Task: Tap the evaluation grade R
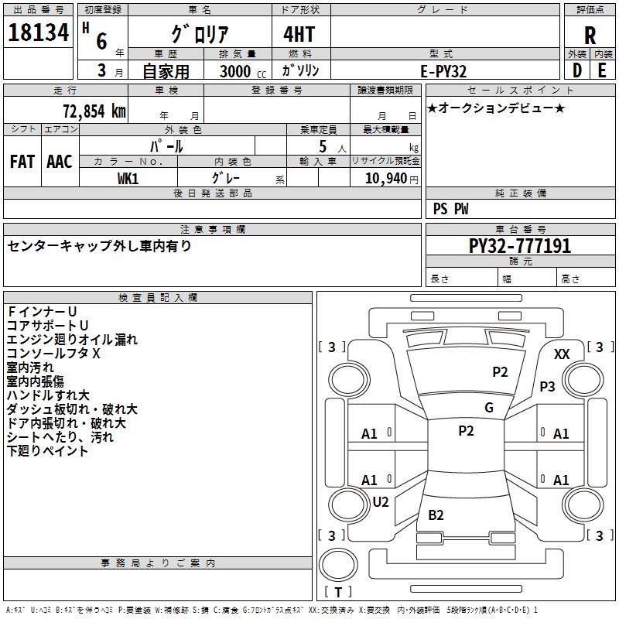[x=590, y=36]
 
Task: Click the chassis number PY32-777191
[x=520, y=246]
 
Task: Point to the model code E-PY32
[x=443, y=71]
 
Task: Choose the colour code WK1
[x=128, y=179]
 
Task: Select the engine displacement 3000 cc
[x=240, y=71]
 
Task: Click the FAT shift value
[x=22, y=161]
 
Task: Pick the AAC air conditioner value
[x=60, y=161]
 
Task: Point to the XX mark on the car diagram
[x=563, y=354]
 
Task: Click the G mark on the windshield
[x=489, y=408]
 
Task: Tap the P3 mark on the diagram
[x=548, y=386]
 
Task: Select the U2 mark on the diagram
[x=381, y=502]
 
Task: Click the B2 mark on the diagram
[x=436, y=515]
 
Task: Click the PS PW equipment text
[x=450, y=209]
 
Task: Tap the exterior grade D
[x=577, y=70]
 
